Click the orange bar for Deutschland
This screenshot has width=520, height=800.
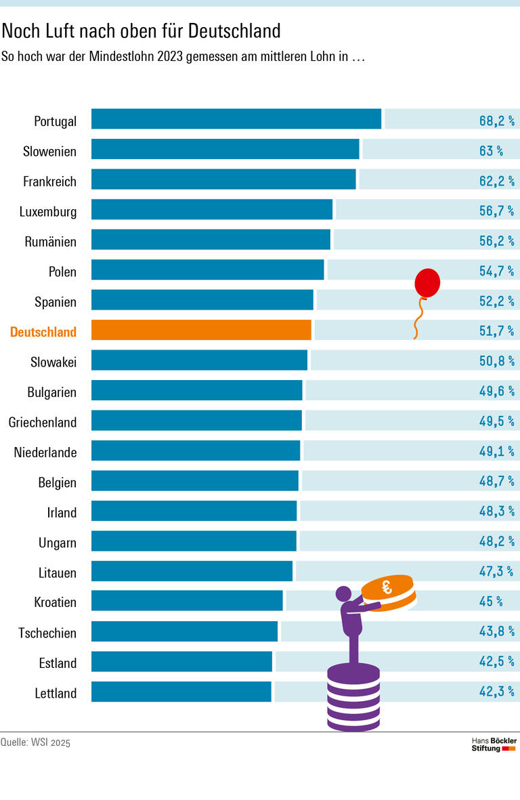(201, 330)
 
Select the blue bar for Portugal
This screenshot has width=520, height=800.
(236, 119)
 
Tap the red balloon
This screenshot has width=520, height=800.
(427, 282)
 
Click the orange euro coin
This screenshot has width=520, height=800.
(388, 591)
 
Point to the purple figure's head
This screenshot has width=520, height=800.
(344, 594)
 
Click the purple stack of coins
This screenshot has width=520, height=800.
(353, 698)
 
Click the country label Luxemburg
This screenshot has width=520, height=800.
(48, 212)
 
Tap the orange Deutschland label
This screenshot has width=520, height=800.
(43, 332)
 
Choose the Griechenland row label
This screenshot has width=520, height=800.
(43, 422)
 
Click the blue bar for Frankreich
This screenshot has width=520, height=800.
(223, 180)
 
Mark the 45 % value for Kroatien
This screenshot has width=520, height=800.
(491, 602)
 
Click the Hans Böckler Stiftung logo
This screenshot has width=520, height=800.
(494, 744)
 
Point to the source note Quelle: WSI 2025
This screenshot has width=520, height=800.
(35, 742)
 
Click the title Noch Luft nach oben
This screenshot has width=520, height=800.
(141, 30)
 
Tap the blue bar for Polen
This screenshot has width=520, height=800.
(208, 270)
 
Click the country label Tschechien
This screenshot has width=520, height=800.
(47, 633)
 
